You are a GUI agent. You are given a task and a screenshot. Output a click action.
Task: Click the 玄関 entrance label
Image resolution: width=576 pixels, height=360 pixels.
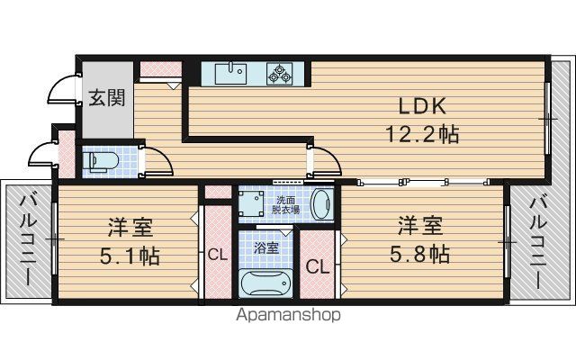[x=107, y=98]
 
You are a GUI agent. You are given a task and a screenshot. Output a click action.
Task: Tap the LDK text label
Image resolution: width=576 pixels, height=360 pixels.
[x=422, y=106]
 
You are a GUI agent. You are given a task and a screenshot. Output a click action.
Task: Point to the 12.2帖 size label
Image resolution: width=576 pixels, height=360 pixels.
[x=422, y=134]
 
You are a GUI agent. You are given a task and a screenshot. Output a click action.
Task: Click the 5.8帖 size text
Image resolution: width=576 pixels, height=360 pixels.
[x=420, y=254]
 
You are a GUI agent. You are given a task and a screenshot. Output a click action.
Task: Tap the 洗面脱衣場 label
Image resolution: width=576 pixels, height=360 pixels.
[x=285, y=205]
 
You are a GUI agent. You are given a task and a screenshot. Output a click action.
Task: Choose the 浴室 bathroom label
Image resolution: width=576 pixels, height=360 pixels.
[x=266, y=248]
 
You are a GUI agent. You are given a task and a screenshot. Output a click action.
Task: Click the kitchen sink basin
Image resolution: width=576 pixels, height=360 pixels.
[x=230, y=73]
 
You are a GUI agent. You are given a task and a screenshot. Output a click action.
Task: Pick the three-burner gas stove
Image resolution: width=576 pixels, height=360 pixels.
[x=280, y=74]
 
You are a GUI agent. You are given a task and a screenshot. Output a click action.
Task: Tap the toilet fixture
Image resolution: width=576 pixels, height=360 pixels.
[x=100, y=161]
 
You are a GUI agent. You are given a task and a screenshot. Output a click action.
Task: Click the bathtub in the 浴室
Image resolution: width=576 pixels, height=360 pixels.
[x=265, y=283]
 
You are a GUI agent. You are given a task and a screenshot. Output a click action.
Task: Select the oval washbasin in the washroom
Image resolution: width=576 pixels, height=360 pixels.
[x=322, y=204]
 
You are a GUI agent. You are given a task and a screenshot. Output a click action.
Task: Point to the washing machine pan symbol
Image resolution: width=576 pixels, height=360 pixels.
[x=251, y=204]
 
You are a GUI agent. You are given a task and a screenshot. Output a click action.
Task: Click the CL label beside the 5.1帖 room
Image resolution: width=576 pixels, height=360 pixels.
[x=218, y=254]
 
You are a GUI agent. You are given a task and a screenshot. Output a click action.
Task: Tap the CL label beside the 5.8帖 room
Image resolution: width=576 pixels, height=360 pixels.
[x=318, y=267]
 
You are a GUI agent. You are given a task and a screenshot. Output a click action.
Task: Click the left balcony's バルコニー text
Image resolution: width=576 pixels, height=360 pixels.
[x=28, y=240]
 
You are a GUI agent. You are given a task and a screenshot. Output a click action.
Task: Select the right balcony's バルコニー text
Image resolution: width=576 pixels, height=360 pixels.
[x=537, y=243]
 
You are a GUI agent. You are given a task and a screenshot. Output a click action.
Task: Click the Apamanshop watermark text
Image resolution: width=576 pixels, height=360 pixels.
[x=288, y=315]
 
